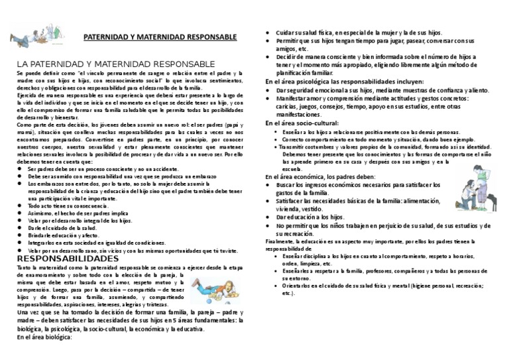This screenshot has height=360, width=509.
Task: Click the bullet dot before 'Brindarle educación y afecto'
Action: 22,235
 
